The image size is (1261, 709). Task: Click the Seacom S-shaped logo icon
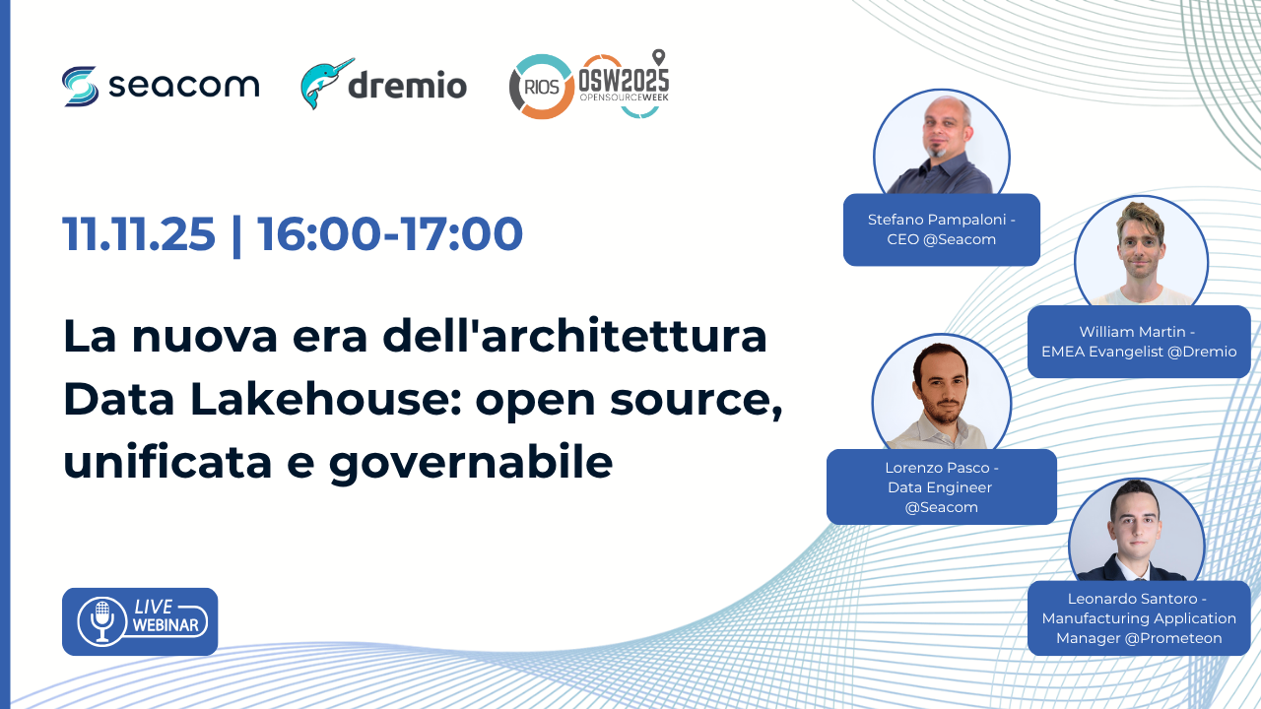coord(81,86)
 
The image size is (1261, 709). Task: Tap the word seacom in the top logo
coord(183,86)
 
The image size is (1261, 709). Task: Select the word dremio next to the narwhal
coord(408,85)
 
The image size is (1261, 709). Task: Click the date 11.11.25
coord(139,233)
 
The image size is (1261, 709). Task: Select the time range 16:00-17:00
coord(389,233)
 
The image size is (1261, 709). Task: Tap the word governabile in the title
coord(471,463)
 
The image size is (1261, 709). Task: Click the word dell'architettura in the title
coord(574,336)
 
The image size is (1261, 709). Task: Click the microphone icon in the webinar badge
coord(101,621)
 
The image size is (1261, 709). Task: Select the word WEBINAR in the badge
coord(166,625)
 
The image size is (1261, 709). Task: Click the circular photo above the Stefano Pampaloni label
coord(941,145)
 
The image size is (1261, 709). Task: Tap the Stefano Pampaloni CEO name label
coord(941,229)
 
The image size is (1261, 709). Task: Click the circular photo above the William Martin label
coord(1141,253)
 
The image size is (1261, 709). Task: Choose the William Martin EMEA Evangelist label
coord(1139,342)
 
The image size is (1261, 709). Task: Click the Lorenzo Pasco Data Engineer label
coord(941,486)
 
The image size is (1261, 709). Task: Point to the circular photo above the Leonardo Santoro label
coord(1137,532)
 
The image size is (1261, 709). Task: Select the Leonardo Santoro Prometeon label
coord(1139,618)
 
